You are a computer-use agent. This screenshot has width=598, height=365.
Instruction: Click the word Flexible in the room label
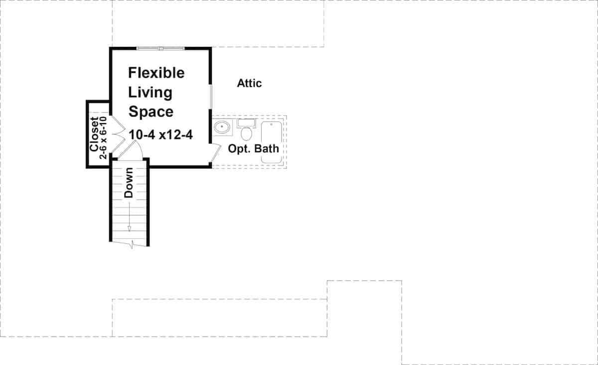point(156,73)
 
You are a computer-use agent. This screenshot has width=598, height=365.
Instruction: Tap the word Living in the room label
point(150,92)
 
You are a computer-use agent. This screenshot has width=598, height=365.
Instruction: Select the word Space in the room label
point(151,112)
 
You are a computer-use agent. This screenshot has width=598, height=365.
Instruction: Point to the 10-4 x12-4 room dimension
point(160,135)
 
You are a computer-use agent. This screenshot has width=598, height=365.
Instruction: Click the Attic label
point(249,83)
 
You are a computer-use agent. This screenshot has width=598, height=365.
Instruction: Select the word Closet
point(94,135)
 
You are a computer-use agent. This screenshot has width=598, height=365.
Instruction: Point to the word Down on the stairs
point(129,183)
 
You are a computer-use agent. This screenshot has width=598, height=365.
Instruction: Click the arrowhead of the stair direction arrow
point(129,228)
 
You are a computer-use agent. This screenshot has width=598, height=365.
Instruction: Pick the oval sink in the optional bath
point(222,128)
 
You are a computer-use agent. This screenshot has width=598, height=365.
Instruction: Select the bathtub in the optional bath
point(272,142)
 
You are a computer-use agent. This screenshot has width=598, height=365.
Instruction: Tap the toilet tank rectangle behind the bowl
point(246,122)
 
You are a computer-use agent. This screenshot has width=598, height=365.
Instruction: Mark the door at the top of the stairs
point(131,150)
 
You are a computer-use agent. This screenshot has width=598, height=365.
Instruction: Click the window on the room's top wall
point(161,48)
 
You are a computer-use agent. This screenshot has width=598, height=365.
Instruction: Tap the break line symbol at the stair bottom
point(131,244)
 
